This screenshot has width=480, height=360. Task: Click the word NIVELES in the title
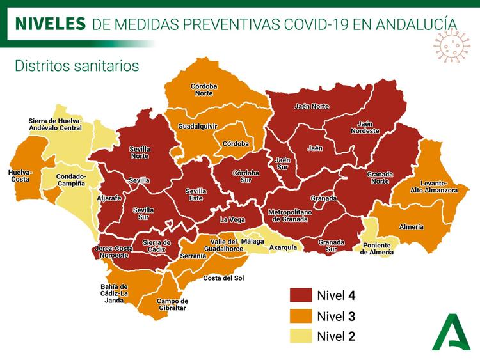[50, 24]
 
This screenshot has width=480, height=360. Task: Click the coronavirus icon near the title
[451, 47]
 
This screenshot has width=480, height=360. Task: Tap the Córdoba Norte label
[204, 90]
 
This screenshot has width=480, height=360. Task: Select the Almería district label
[411, 227]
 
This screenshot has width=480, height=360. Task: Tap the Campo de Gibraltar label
[172, 304]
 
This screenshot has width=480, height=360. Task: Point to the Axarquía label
[283, 247]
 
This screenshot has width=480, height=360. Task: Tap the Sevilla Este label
[196, 194]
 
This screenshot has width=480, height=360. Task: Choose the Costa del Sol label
[223, 278]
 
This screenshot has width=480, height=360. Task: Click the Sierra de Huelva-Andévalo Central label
[55, 124]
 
